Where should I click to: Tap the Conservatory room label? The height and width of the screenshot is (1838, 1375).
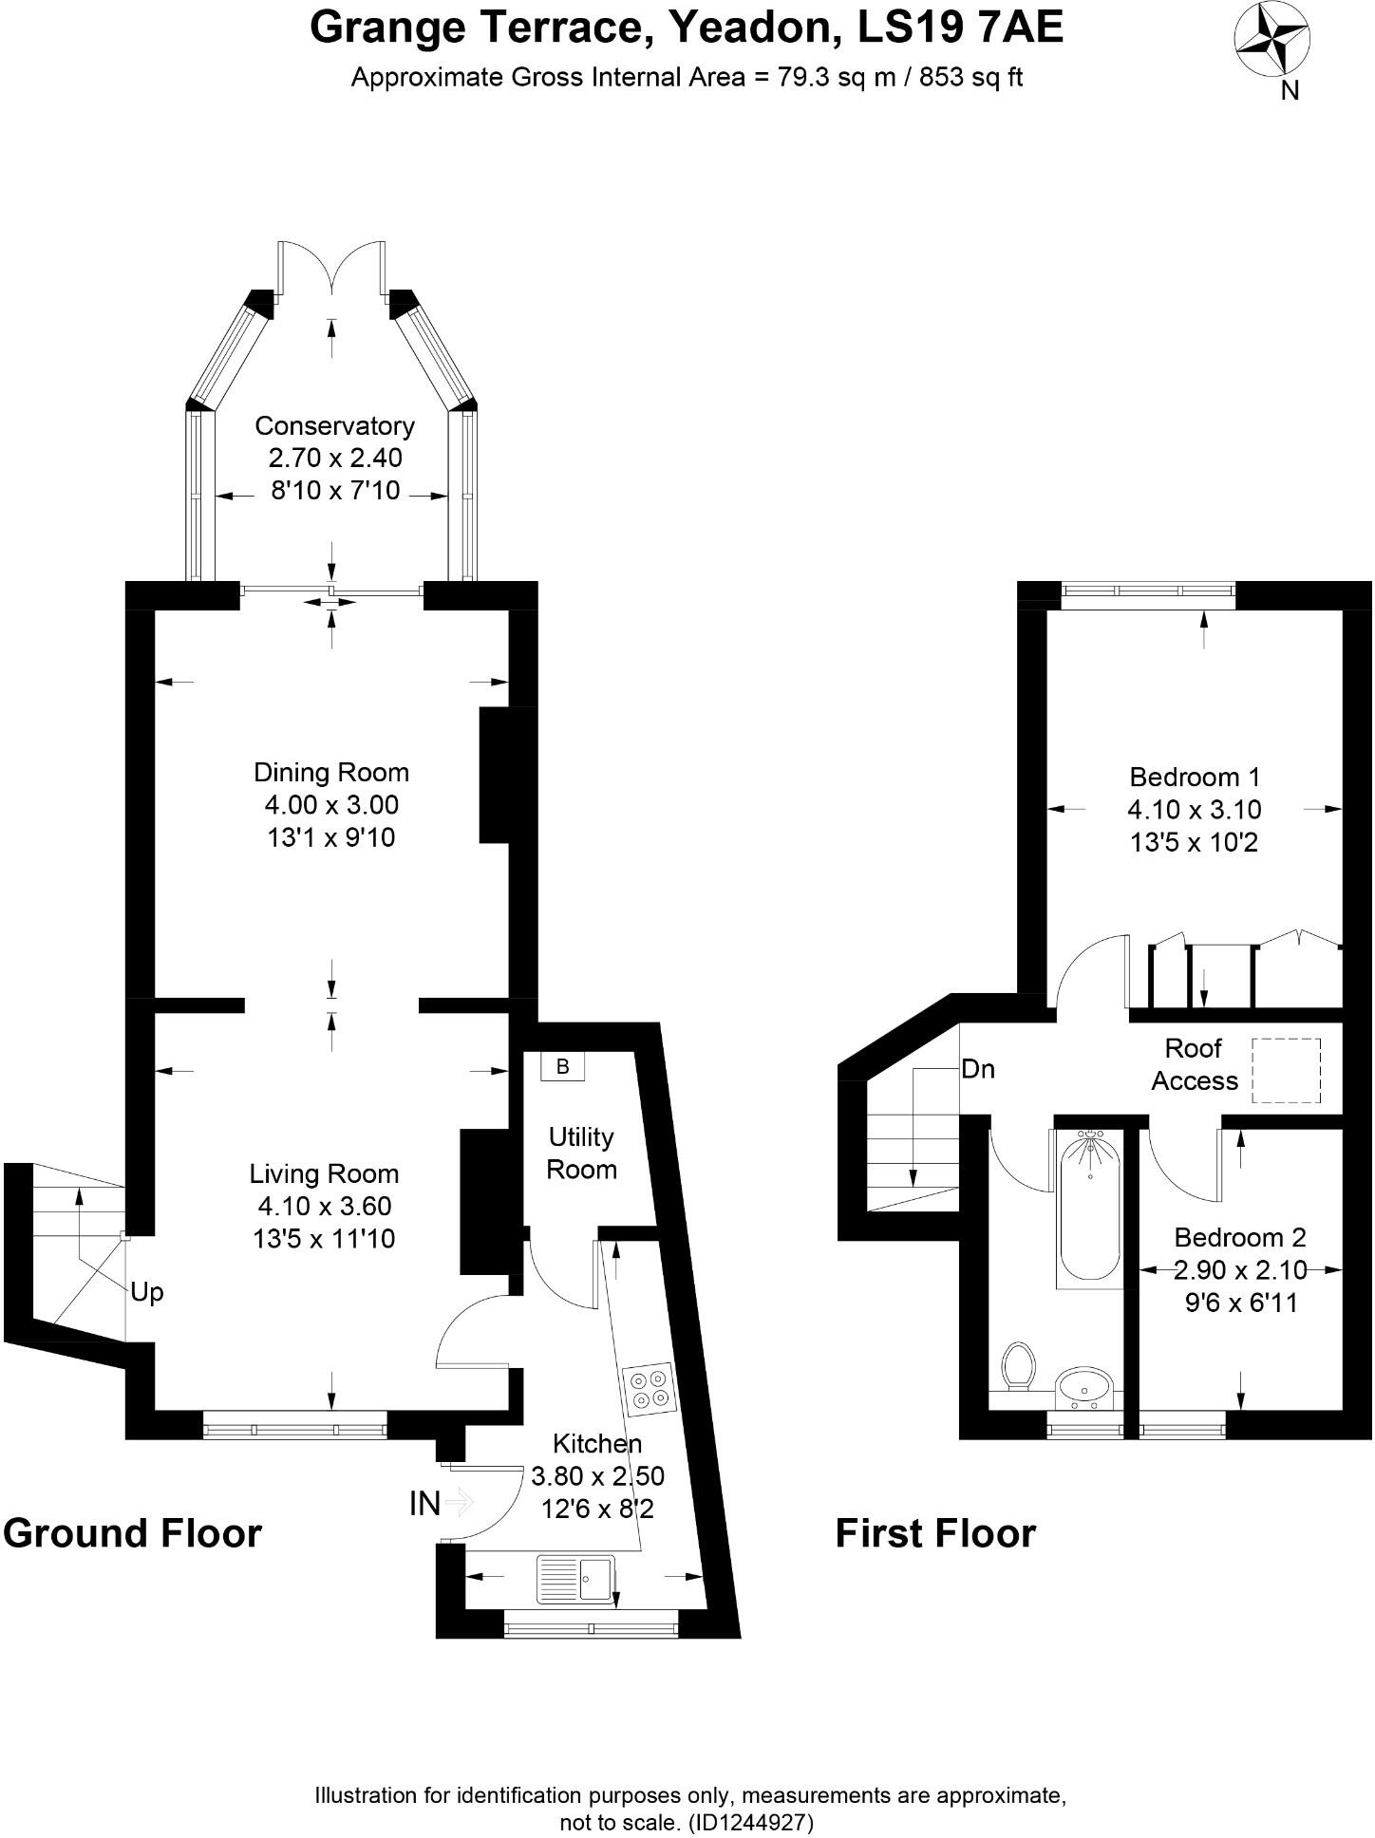click(334, 426)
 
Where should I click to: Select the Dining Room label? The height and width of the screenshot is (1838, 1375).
click(331, 773)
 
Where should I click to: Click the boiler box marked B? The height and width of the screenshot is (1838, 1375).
click(562, 1066)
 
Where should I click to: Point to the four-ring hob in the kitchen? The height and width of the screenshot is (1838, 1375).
click(649, 1388)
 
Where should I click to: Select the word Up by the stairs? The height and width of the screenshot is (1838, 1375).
click(147, 1292)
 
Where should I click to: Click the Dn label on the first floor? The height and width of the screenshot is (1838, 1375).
click(978, 1070)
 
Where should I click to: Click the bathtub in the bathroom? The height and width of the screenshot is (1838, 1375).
click(1089, 1208)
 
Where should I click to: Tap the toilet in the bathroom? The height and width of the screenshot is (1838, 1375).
click(1018, 1365)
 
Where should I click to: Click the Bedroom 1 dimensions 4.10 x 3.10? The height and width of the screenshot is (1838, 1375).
click(1195, 810)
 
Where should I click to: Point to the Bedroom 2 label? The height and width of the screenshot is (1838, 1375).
click(1240, 1238)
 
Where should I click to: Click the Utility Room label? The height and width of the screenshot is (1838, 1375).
click(581, 1153)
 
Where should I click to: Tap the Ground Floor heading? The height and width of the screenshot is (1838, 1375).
click(132, 1534)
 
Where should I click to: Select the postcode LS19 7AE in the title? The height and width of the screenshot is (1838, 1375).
click(960, 28)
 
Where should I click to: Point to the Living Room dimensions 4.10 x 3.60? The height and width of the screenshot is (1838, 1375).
click(325, 1207)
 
